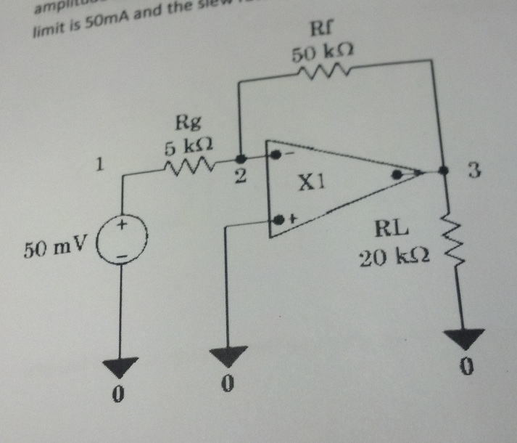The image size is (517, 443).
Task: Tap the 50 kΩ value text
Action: (322, 54)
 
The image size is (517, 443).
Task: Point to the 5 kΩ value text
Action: (192, 147)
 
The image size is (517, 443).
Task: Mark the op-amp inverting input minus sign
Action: (287, 154)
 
